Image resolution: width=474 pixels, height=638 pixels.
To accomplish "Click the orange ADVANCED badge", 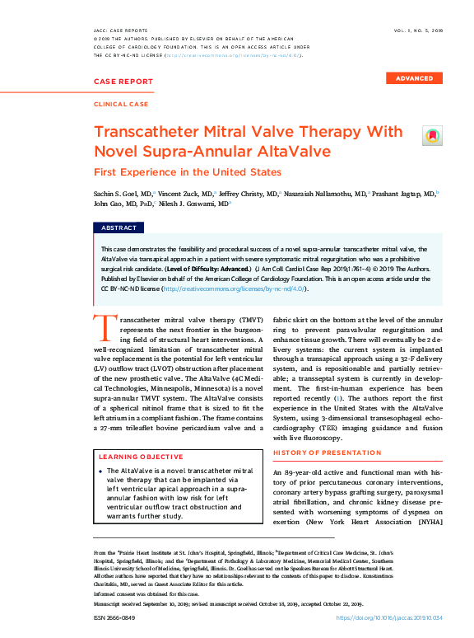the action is (x=414, y=78).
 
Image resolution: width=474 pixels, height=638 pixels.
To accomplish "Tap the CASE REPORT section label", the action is (x=123, y=82).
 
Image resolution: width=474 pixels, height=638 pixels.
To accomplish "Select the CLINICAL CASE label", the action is (x=121, y=105).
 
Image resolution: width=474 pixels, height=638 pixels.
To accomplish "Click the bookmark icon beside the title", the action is (x=431, y=135).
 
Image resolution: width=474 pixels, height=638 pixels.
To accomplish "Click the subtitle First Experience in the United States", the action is (x=187, y=172).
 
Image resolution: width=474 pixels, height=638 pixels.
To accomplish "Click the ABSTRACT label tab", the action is (x=119, y=228).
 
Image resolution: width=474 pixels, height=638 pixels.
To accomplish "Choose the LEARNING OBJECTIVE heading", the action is (x=141, y=456).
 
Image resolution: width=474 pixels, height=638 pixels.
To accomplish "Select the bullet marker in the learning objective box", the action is (x=100, y=471).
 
